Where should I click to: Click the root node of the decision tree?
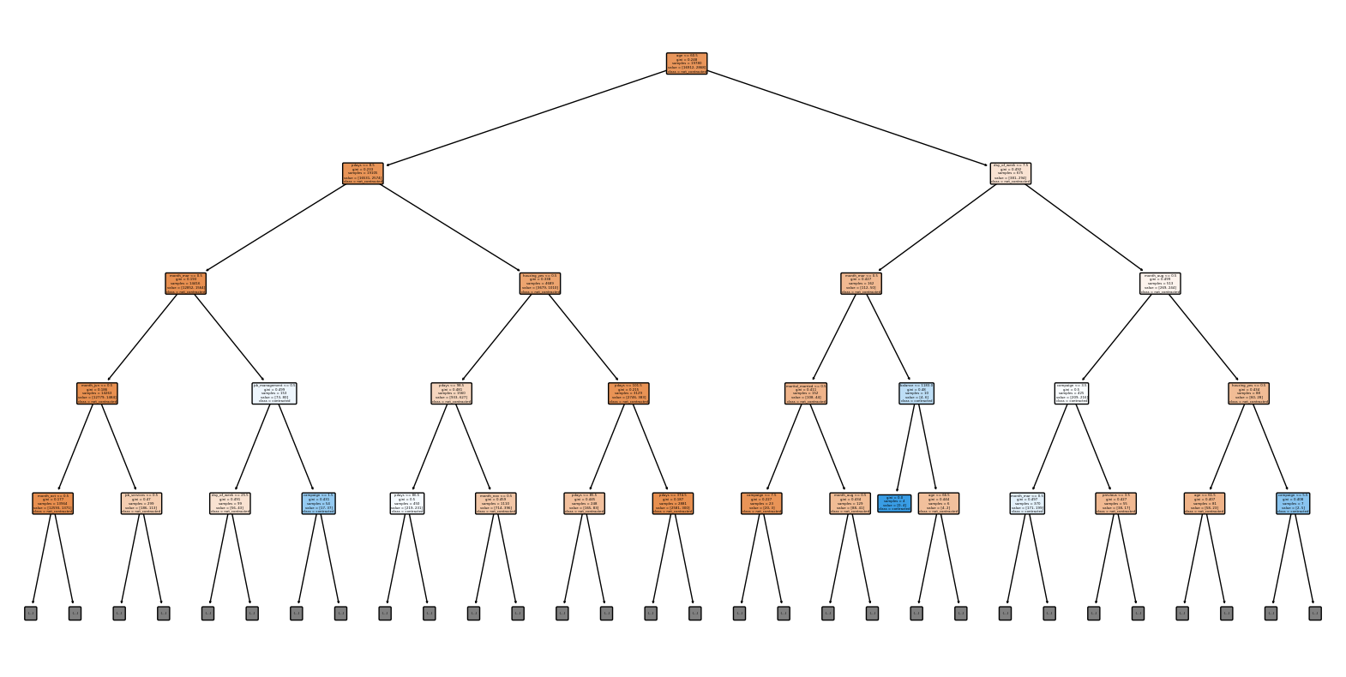[x=687, y=63]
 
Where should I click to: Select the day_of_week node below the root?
[x=1010, y=173]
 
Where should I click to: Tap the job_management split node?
[x=274, y=393]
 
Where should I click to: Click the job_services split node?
[x=141, y=503]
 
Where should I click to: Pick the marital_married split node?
[x=806, y=393]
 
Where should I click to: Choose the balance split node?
[x=916, y=393]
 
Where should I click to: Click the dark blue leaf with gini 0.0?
[x=894, y=503]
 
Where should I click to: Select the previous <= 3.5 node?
[x=1115, y=503]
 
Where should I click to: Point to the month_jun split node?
[x=97, y=393]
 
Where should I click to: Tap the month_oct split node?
[x=53, y=503]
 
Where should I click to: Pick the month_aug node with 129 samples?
[x=850, y=503]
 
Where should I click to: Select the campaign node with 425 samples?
[x=1071, y=393]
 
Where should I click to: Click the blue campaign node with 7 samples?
[x=1293, y=503]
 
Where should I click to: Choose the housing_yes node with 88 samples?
[x=1248, y=393]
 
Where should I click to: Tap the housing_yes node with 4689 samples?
[x=540, y=284]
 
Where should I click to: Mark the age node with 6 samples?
[x=939, y=503]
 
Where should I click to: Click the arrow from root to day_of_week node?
[x=849, y=118]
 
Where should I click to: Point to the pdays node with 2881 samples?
[x=673, y=503]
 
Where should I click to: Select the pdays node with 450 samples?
[x=407, y=503]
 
